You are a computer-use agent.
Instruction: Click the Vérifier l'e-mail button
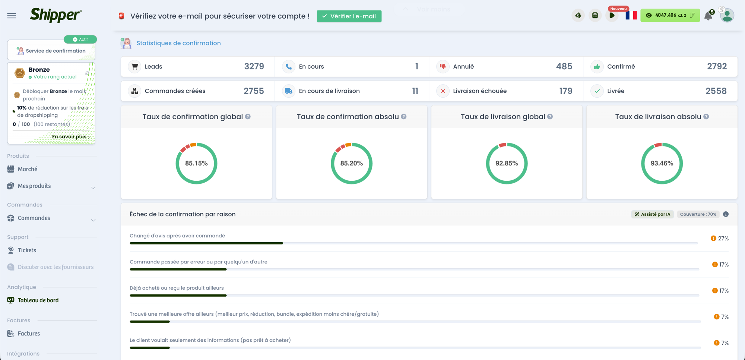[x=349, y=16]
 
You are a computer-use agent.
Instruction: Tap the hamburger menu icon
[x=12, y=16]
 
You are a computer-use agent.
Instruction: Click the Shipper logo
[x=56, y=15]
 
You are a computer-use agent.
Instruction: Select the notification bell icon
[x=708, y=16]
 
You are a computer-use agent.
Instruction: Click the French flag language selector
[x=631, y=15]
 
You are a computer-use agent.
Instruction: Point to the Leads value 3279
[x=254, y=66]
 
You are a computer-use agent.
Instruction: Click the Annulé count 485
[x=564, y=66]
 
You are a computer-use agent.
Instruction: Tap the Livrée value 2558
[x=716, y=91]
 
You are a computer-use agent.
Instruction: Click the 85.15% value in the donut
[x=196, y=163]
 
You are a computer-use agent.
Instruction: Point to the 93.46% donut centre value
[x=662, y=163]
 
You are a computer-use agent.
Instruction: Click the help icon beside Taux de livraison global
[x=550, y=117]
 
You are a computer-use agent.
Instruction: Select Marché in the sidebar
[x=28, y=169]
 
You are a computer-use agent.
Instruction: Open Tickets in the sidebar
[x=27, y=250]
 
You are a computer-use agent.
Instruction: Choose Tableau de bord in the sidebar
[x=38, y=300]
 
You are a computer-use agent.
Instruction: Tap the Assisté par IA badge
[x=653, y=214]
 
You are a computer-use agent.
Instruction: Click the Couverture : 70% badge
[x=698, y=214]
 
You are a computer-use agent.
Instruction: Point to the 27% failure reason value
[x=723, y=239]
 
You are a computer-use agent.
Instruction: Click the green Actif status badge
[x=80, y=39]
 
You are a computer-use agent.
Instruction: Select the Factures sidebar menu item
[x=29, y=334]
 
